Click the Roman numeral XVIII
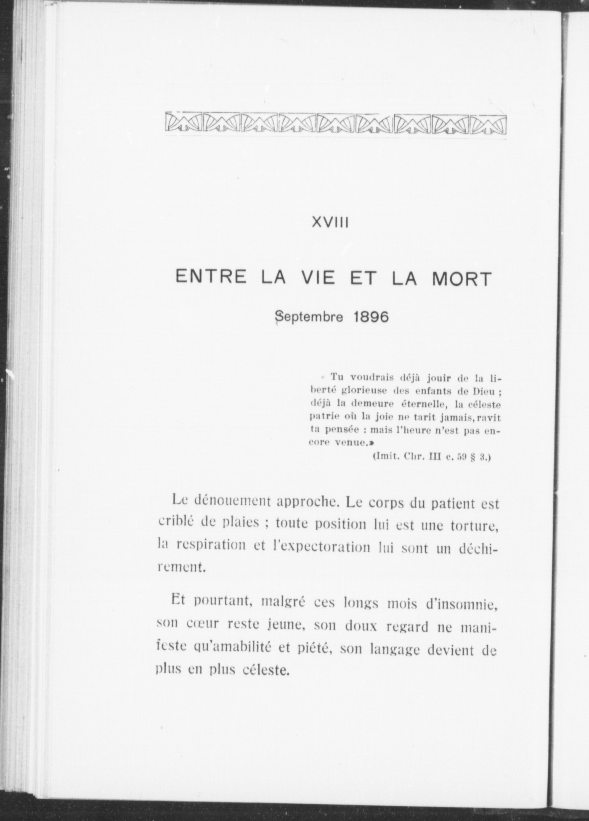[330, 222]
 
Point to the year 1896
[371, 317]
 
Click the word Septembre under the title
[309, 317]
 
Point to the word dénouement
[231, 501]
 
